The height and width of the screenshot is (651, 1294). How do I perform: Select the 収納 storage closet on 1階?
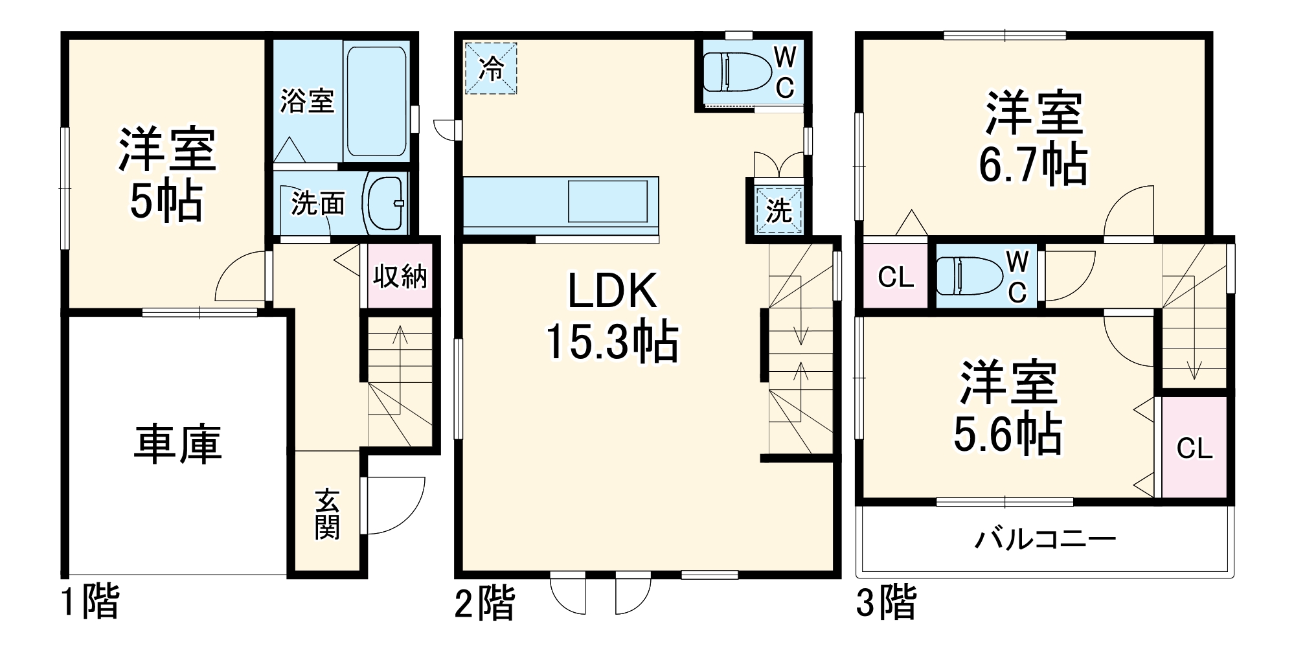pos(400,277)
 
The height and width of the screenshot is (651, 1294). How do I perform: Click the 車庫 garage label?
pos(178,444)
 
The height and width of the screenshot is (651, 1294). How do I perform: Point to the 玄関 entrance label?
pos(328,514)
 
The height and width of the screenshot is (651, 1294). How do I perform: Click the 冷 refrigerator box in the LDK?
pos(491,69)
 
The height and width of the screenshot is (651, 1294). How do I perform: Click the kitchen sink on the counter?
pos(607,201)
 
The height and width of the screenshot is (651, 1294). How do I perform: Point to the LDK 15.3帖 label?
pos(612,315)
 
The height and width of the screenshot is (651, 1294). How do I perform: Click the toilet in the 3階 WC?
pos(970,277)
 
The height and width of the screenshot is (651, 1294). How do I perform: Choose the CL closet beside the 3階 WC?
pos(896,277)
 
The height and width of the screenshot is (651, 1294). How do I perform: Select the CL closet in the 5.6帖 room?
pos(1194,448)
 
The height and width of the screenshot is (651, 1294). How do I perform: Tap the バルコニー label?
pos(1045,539)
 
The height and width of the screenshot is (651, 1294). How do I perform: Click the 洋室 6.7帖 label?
pos(1033,139)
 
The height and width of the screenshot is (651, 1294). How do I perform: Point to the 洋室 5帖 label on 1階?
pos(166,175)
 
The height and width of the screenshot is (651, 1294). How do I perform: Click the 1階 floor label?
pos(90,602)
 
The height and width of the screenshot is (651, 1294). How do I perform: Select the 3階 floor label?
pos(886,602)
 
